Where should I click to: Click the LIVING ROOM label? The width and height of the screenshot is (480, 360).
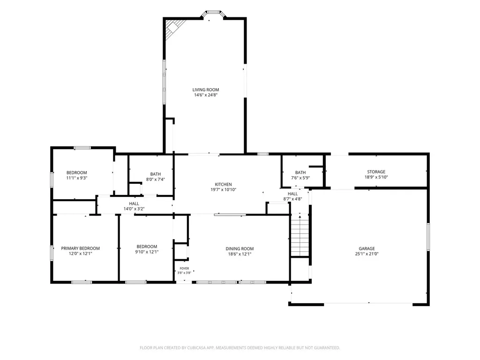click(206, 90)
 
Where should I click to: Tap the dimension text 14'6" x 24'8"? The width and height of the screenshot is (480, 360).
click(206, 95)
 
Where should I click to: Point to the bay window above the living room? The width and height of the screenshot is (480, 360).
click(214, 14)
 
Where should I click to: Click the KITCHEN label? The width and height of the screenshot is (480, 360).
click(223, 184)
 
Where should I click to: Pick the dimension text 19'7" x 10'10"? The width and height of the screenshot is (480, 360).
click(223, 189)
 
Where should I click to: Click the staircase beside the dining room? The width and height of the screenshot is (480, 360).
click(300, 236)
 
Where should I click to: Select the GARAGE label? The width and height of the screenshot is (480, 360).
click(367, 248)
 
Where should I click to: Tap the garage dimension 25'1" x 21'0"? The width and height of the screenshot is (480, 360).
click(367, 254)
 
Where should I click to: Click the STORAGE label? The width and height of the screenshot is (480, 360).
click(376, 172)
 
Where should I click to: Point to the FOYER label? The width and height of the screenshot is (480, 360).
click(184, 269)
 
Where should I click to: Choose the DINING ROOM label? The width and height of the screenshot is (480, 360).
click(240, 248)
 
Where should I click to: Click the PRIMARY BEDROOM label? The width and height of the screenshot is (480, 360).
click(81, 248)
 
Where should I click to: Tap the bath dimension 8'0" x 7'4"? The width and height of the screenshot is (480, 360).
click(156, 180)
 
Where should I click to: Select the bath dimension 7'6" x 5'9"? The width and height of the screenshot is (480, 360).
click(300, 178)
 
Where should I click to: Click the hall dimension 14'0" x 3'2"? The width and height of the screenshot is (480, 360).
click(134, 209)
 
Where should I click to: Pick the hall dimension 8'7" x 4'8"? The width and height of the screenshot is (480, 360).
click(292, 199)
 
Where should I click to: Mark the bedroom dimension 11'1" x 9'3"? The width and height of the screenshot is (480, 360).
click(77, 178)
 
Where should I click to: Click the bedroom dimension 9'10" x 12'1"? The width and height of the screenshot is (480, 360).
click(147, 252)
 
